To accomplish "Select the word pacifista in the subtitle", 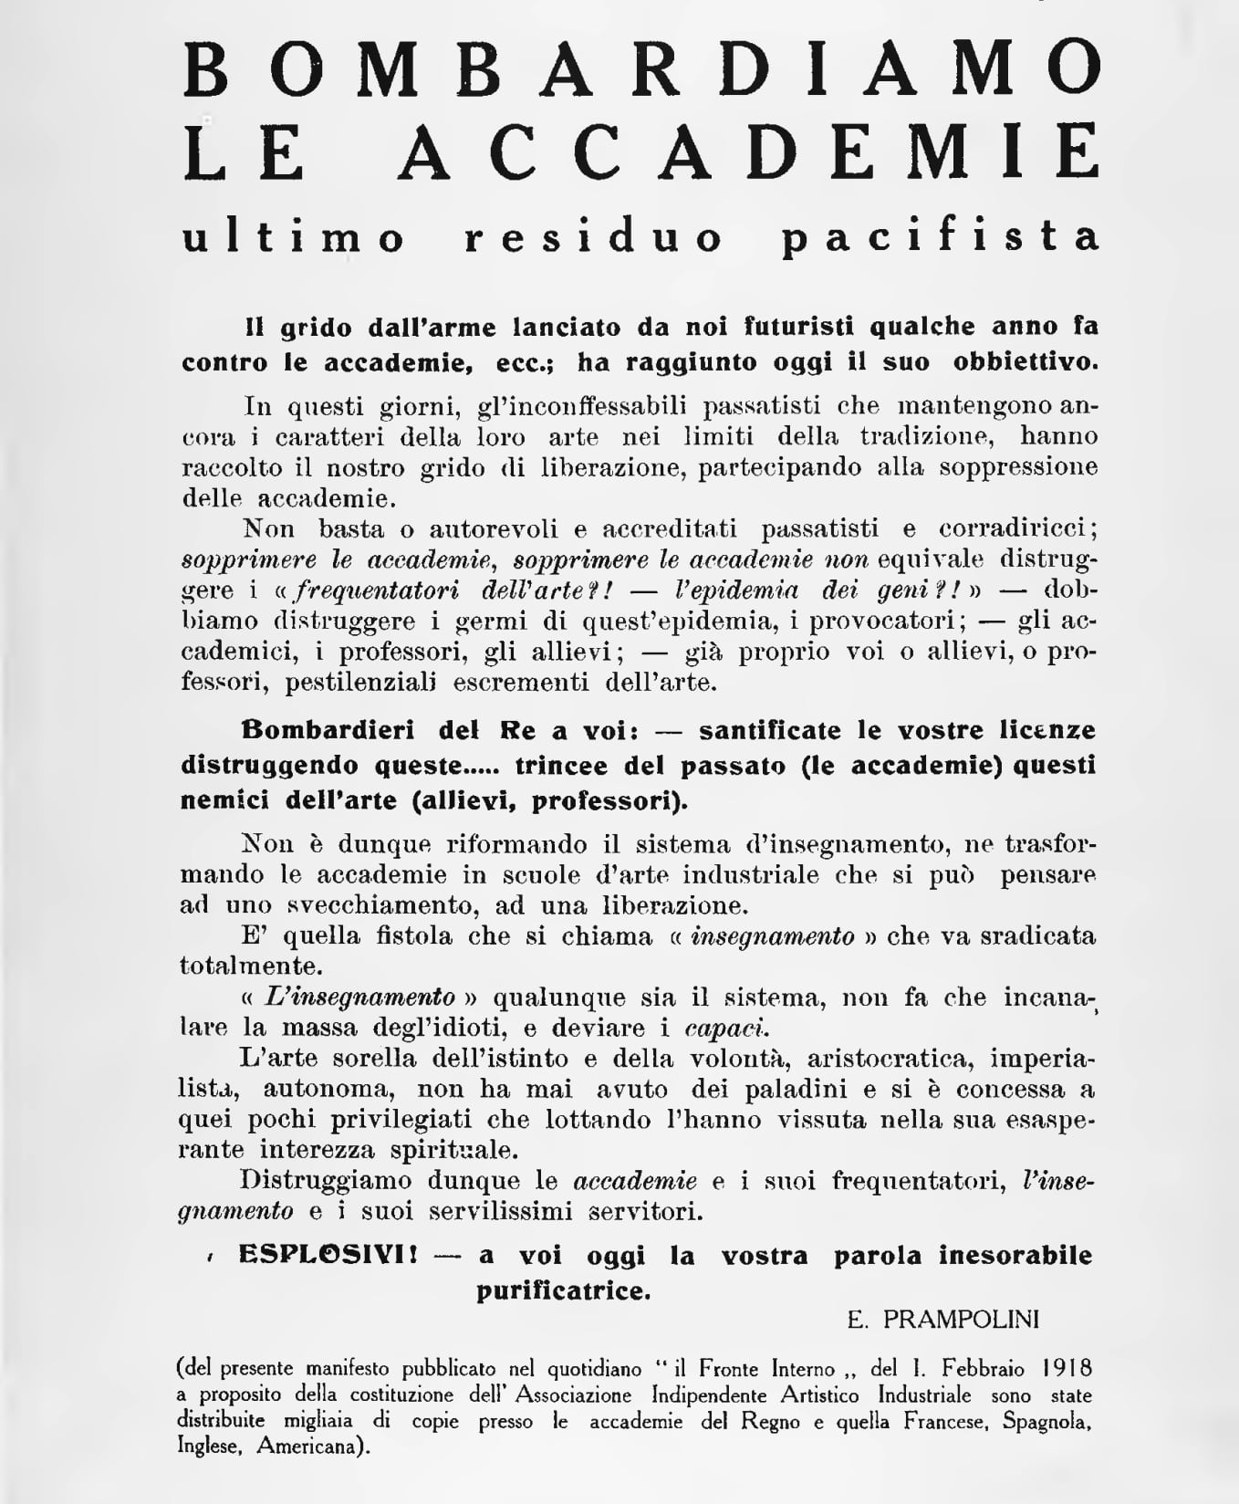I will (942, 237).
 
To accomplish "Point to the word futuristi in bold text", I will (798, 327).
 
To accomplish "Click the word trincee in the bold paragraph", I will (557, 765).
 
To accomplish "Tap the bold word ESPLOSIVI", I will (327, 1255).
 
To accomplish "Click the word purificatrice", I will (563, 1290).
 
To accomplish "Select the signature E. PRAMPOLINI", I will (942, 1320).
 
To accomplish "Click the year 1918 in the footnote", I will (1067, 1369).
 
